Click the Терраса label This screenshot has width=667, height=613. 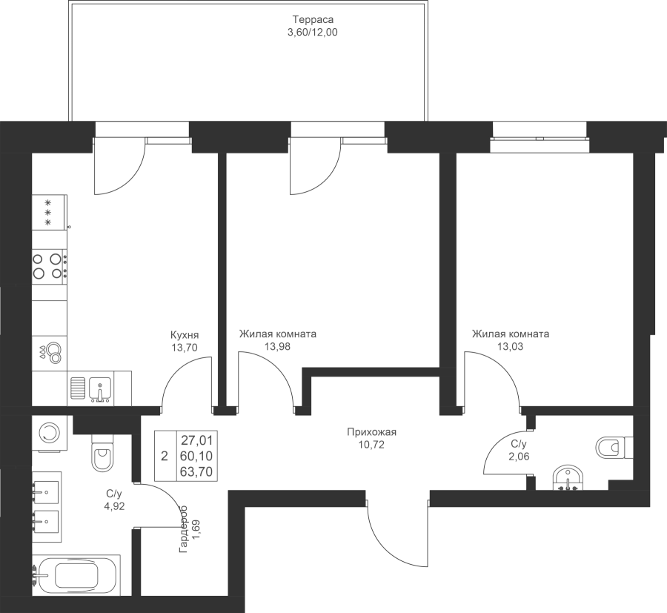(313, 19)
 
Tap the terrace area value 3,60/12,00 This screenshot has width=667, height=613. (313, 33)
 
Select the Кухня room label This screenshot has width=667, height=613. (185, 334)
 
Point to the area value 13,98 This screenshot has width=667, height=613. (277, 347)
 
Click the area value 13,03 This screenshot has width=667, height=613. (510, 347)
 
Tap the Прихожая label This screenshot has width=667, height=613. (371, 433)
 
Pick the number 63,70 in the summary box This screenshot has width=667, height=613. (196, 471)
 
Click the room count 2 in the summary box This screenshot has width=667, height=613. (165, 457)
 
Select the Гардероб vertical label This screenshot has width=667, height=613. (184, 529)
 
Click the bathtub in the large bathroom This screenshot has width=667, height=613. (76, 575)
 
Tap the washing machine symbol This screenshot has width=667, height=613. (50, 433)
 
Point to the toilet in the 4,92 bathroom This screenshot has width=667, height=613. (102, 451)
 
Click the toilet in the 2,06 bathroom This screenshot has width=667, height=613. (614, 448)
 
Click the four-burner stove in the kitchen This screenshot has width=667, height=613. (50, 266)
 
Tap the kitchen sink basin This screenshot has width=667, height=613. (100, 389)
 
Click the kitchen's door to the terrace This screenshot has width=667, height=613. (120, 166)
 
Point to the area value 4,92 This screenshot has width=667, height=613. (114, 507)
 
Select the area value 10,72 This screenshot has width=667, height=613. (371, 445)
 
